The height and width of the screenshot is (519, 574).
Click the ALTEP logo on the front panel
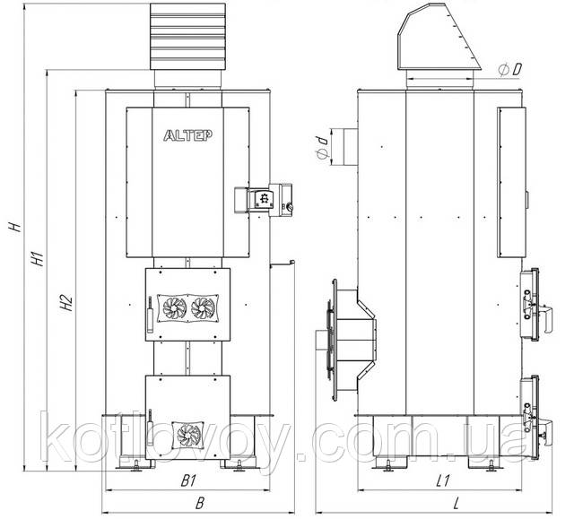(x=187, y=135)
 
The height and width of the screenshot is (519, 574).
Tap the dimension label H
(x=14, y=227)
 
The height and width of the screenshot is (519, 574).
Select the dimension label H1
(x=38, y=258)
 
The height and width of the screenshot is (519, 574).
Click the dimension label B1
(x=188, y=481)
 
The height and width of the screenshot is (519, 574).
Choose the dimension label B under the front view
(x=199, y=504)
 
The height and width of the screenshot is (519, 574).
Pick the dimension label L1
(x=442, y=481)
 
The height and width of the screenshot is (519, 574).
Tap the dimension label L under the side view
(x=456, y=504)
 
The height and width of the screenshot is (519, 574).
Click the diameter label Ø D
(x=510, y=70)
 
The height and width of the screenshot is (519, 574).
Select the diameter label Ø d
(x=322, y=148)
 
